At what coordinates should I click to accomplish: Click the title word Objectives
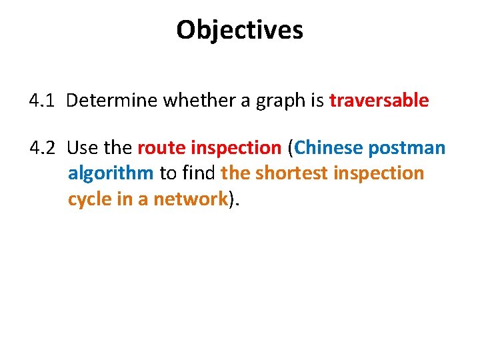(239, 30)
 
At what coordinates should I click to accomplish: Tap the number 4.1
(42, 101)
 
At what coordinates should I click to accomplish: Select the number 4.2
(43, 147)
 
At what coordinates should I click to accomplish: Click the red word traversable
(379, 101)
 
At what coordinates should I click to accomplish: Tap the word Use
(82, 147)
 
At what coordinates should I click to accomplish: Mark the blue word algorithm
(111, 174)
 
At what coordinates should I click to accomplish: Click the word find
(198, 173)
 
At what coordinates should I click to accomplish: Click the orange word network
(191, 199)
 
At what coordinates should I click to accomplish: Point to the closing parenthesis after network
(232, 199)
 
